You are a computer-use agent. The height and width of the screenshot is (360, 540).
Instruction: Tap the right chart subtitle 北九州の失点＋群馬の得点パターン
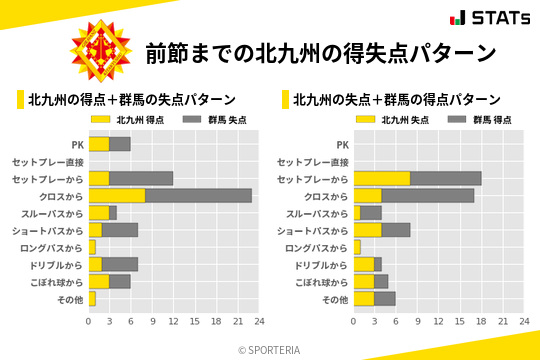[x=397, y=100]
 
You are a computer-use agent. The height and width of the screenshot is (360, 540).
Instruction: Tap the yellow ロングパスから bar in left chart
[x=92, y=247]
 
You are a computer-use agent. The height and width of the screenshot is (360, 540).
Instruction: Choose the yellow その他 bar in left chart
[x=92, y=298]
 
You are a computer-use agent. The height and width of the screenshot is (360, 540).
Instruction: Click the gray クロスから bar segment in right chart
[x=428, y=195]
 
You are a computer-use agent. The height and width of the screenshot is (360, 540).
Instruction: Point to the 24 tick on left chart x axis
[x=258, y=322]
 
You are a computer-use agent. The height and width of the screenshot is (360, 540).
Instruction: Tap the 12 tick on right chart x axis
[x=438, y=322]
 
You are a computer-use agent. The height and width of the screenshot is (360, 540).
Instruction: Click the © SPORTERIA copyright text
[x=270, y=349]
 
